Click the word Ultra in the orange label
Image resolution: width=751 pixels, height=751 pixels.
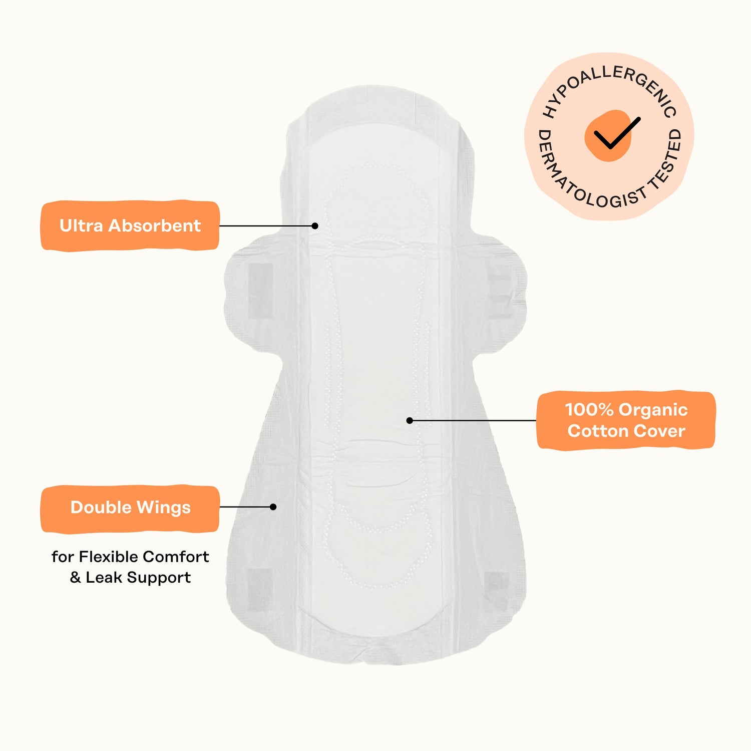(x=82, y=225)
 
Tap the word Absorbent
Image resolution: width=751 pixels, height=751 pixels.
(x=155, y=225)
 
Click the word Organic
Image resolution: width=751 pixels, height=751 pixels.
(x=653, y=410)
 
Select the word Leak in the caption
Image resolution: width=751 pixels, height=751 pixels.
(x=103, y=578)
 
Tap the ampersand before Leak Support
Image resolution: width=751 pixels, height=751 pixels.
(x=75, y=578)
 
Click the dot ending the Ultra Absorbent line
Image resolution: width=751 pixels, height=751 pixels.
(x=315, y=226)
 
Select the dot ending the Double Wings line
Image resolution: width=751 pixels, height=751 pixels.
(x=273, y=507)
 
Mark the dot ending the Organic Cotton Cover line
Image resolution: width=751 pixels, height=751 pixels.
(x=410, y=420)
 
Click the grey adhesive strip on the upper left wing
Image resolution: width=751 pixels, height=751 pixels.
(x=260, y=291)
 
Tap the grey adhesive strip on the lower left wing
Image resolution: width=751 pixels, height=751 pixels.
(x=260, y=589)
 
